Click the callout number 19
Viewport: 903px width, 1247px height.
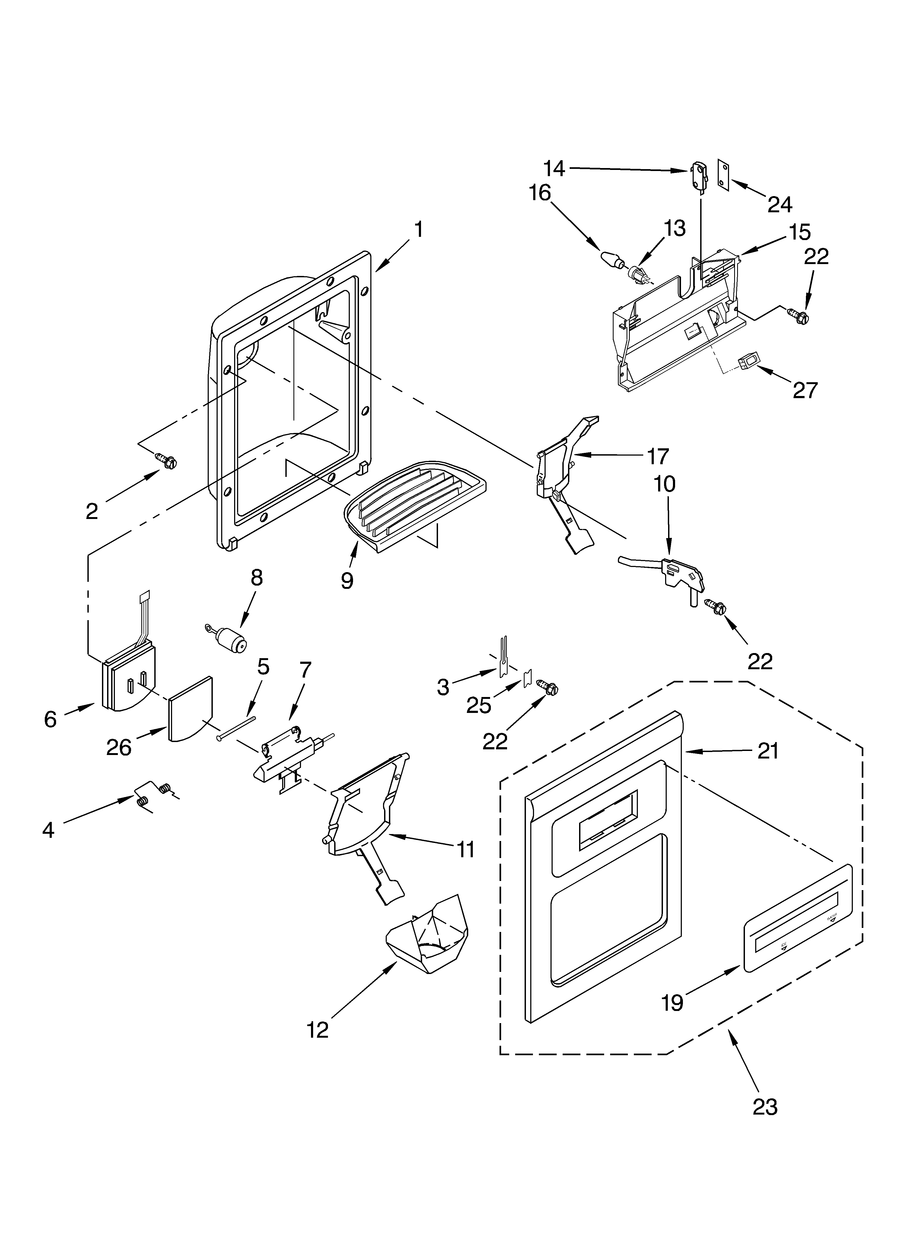click(672, 1003)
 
